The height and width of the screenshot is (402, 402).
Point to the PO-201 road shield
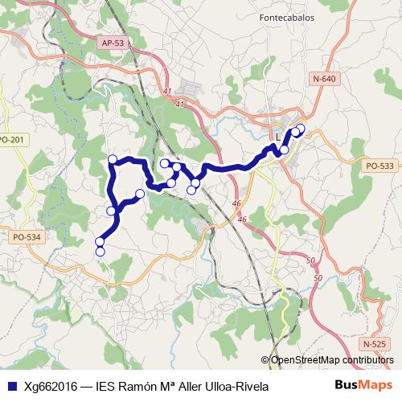coord(12,140)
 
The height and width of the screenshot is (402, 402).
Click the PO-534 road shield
coord(27,237)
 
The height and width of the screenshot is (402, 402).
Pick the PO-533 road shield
coord(379,166)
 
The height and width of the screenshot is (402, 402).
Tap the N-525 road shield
coord(374,343)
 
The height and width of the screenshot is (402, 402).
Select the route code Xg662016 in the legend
coord(51,385)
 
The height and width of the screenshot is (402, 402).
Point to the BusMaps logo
coord(363,385)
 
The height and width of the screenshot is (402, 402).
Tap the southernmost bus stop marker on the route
coord(100,252)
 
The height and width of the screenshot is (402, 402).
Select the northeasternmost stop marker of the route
coord(301,128)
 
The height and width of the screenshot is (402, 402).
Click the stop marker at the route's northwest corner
coord(113,159)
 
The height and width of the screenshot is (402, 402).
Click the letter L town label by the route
coord(278,137)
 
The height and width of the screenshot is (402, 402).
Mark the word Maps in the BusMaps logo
coord(375,385)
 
